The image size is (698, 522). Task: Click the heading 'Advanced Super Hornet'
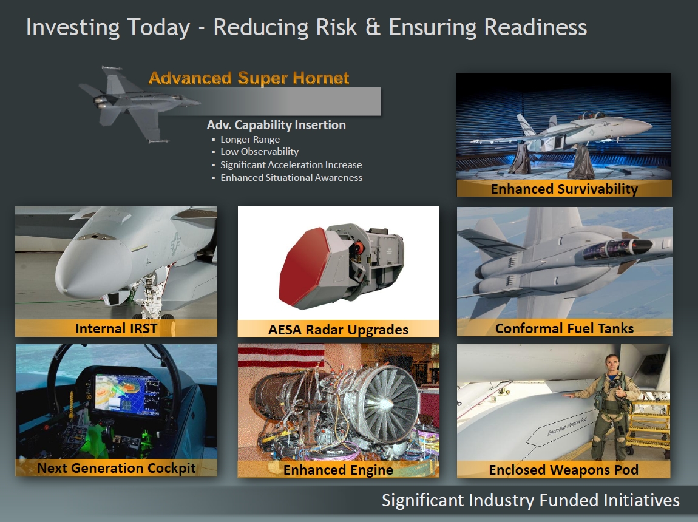249,78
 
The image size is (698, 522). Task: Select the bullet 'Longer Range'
250,139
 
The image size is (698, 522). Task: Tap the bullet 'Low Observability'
260,152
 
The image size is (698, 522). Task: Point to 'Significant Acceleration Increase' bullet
291,164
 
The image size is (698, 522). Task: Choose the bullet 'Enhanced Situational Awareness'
291,178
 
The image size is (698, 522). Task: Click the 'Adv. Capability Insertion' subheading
276,125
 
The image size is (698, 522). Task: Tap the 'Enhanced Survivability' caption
564,189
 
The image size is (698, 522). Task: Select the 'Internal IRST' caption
116,328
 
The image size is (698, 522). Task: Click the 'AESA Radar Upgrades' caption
338,330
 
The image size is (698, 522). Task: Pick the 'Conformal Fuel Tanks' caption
564,328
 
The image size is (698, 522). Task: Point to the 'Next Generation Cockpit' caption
116,468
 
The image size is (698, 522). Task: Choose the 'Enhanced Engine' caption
338,470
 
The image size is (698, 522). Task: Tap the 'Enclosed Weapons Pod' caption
564,470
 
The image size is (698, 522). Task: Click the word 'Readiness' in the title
535,27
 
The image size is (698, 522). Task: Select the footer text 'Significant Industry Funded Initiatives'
530,500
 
